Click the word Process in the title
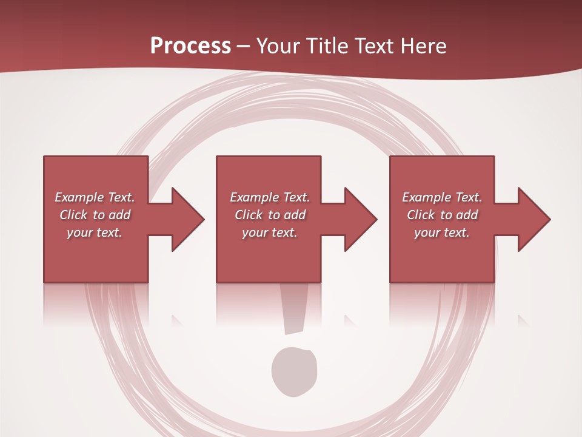190,46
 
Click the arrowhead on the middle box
360,219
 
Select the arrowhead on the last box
533,219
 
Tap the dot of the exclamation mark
294,371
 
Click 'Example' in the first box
79,197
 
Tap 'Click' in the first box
73,215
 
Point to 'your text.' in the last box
442,232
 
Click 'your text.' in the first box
95,232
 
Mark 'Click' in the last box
421,215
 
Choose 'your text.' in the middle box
269,232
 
